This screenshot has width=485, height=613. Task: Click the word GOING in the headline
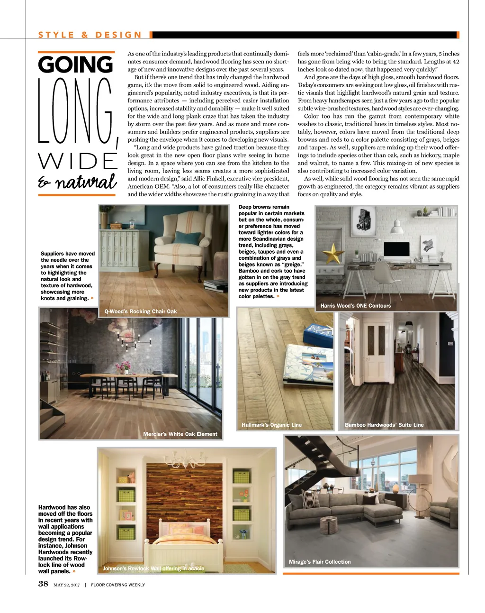tap(76, 64)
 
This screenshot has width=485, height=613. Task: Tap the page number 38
tap(43, 584)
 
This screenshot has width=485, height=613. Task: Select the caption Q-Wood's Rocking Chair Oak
tap(141, 311)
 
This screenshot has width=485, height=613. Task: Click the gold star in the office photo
tap(334, 253)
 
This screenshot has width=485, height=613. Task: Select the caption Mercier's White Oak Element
tap(180, 434)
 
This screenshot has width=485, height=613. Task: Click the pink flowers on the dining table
tap(126, 366)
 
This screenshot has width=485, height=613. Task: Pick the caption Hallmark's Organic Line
tap(271, 425)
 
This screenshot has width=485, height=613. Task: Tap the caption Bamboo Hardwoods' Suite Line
tap(384, 425)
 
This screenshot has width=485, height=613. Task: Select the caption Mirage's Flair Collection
tap(320, 562)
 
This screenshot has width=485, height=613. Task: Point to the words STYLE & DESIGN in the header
tap(90, 35)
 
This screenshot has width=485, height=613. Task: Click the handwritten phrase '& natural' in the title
tap(77, 183)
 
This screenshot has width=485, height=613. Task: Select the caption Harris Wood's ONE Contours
tap(355, 306)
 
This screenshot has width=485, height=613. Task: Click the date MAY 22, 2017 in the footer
tap(66, 585)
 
